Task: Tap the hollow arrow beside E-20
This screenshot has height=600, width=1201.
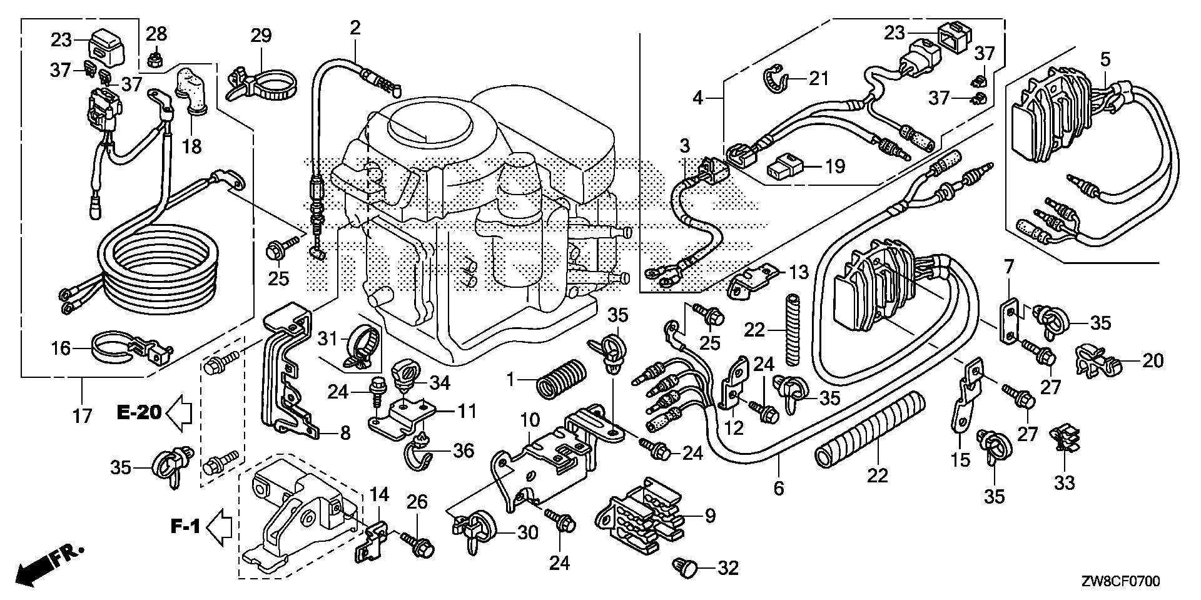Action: click(x=180, y=413)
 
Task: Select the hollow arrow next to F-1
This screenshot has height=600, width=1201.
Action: click(x=219, y=527)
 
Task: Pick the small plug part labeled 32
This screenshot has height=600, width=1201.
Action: click(x=682, y=567)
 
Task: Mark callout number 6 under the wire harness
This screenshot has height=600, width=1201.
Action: click(x=779, y=488)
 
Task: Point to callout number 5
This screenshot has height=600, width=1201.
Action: click(x=1105, y=60)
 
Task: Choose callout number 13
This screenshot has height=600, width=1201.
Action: click(x=798, y=272)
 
